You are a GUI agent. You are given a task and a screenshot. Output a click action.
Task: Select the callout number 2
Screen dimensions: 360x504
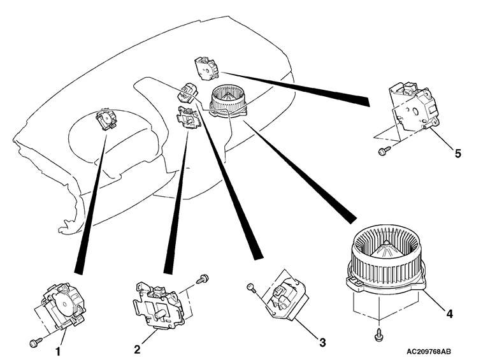(x=136, y=349)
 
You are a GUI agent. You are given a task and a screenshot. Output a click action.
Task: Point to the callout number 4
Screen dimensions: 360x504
(x=449, y=314)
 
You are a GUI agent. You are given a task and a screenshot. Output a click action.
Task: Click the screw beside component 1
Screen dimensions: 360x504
(x=34, y=343)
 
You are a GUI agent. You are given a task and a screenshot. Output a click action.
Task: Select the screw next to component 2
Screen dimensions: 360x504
(x=203, y=278)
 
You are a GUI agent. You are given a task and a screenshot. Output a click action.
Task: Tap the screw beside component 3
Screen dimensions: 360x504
(x=252, y=288)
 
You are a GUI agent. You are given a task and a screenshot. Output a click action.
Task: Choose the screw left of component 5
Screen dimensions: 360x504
(x=384, y=151)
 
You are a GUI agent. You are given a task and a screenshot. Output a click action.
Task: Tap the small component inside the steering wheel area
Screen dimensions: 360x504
(x=104, y=119)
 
